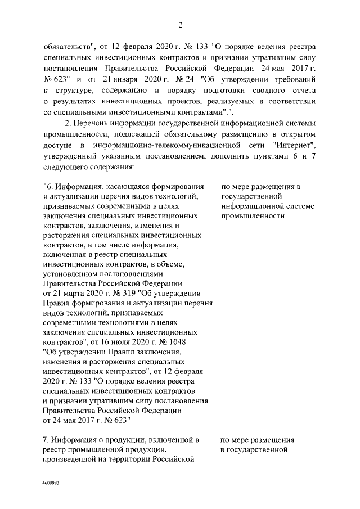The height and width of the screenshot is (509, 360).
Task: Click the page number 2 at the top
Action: pos(180,25)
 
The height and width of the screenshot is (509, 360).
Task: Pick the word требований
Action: pos(292,79)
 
